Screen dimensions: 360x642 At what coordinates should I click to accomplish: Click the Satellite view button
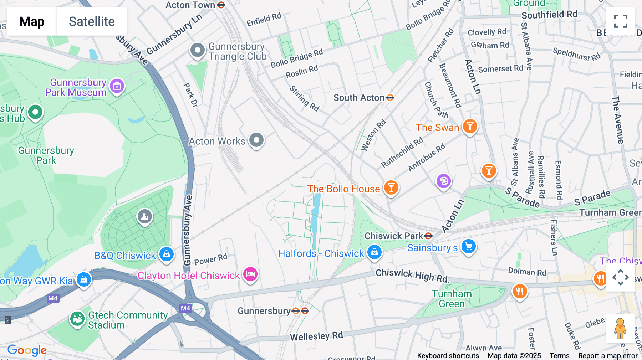click(x=92, y=21)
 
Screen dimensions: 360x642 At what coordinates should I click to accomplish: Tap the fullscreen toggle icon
click(x=620, y=21)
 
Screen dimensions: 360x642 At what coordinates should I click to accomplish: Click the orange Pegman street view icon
click(x=620, y=328)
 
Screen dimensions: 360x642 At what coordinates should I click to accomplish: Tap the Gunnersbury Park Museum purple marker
click(x=117, y=86)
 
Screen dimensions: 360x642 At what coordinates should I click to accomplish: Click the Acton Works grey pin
click(x=256, y=140)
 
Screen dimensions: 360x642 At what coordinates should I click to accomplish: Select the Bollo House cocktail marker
click(x=391, y=187)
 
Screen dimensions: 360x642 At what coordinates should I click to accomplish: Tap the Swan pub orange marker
click(x=470, y=126)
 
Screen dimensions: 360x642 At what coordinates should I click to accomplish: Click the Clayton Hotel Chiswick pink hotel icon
click(x=250, y=274)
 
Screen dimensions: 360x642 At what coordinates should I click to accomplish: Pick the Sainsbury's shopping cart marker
click(x=469, y=246)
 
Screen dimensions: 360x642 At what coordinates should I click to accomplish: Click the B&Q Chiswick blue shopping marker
click(x=166, y=254)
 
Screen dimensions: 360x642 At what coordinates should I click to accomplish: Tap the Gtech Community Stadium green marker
click(x=77, y=319)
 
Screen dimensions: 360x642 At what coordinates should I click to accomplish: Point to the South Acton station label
click(x=359, y=98)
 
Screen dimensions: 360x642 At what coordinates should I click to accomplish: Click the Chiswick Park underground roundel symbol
click(x=428, y=236)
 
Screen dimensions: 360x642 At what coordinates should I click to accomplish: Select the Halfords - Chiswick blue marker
click(x=374, y=252)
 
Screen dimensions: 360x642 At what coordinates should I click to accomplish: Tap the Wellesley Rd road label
click(x=316, y=336)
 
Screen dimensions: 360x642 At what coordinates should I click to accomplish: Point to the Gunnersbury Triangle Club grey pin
click(x=197, y=50)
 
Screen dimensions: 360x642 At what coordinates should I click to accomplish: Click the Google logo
click(x=27, y=350)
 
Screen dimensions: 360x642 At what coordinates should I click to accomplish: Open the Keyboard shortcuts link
click(x=448, y=355)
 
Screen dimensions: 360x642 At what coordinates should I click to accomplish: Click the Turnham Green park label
click(x=452, y=299)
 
